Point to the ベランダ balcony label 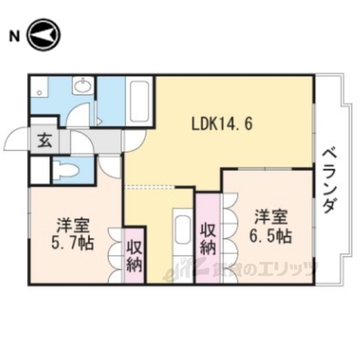pos(329,180)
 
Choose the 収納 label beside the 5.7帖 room pos(134,255)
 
